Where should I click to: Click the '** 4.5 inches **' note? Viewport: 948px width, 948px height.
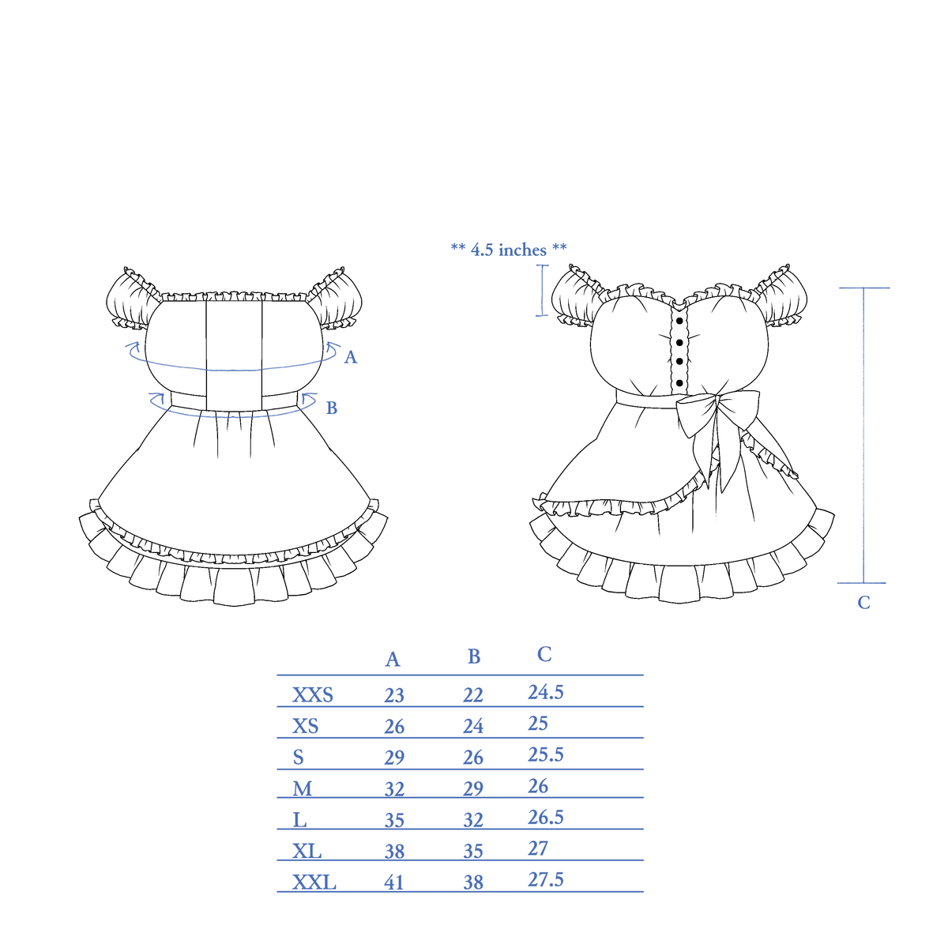[509, 250]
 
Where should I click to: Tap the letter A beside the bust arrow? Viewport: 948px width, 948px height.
[350, 357]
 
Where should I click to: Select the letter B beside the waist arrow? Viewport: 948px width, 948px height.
[332, 408]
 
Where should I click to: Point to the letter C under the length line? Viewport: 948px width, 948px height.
[863, 602]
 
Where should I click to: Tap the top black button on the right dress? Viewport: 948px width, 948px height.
[679, 322]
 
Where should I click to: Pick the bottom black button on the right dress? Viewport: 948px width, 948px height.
[679, 382]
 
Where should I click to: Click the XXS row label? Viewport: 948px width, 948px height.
[312, 695]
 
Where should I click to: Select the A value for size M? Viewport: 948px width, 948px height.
[394, 789]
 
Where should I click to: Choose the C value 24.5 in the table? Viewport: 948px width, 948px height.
[546, 692]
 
